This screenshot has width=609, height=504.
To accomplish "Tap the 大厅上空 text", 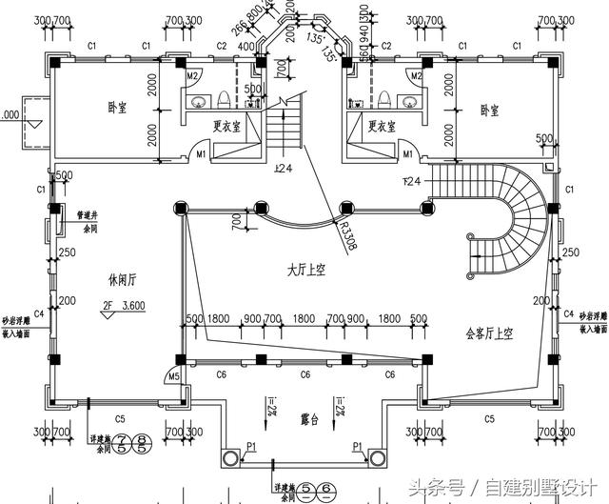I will (306, 271).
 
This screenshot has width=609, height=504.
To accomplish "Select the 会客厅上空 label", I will (488, 333).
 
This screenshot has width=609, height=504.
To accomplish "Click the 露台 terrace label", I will (307, 416).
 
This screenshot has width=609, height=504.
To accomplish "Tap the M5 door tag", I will (173, 378).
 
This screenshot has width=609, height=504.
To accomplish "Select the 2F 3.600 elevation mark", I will (124, 307).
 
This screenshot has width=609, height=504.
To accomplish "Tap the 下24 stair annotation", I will (413, 180).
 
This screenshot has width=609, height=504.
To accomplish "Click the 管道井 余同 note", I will (89, 220).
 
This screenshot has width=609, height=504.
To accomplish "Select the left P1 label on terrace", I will (251, 446).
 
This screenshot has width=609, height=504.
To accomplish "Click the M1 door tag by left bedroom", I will (202, 152).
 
